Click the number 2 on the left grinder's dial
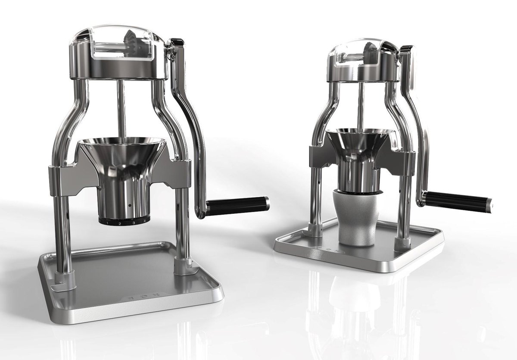pyautogui.click(x=119, y=223)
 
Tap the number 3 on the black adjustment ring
pyautogui.click(x=134, y=222)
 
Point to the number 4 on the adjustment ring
pyautogui.click(x=145, y=221)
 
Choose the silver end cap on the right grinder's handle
pyautogui.click(x=489, y=206)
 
